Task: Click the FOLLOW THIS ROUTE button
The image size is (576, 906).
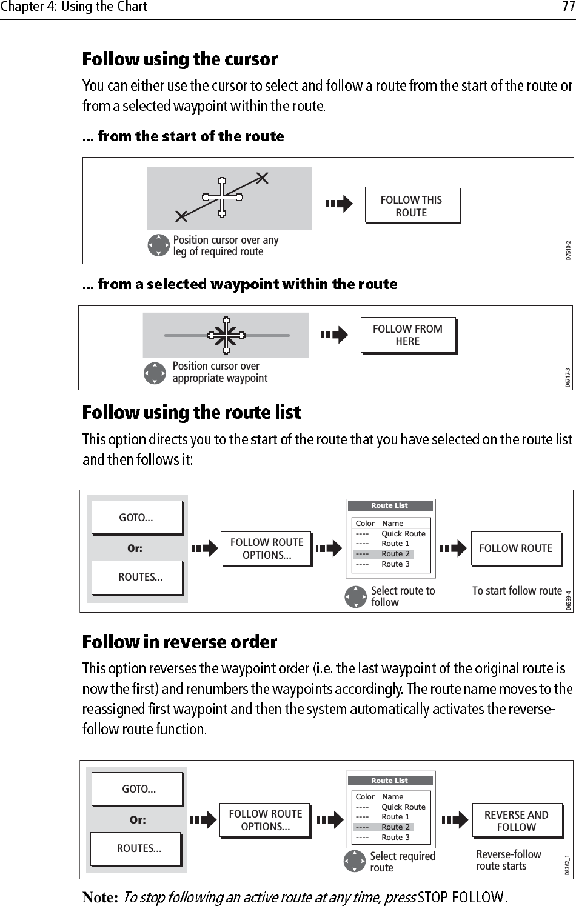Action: (412, 206)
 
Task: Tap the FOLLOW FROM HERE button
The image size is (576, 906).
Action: (407, 335)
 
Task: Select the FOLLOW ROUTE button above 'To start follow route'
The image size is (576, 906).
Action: (515, 548)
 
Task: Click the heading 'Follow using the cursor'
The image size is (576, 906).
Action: (180, 59)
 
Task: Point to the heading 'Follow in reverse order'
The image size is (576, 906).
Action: (179, 642)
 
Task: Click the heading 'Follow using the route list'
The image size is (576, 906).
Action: (192, 413)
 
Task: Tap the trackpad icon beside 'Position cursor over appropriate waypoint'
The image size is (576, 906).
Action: (155, 373)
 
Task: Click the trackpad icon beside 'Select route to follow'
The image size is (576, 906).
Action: (355, 596)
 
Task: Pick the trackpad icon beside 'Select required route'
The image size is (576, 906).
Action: (355, 862)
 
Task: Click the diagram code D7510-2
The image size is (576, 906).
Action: (568, 249)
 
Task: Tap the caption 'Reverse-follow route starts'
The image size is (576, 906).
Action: (508, 860)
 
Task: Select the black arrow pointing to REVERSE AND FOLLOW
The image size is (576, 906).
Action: (455, 821)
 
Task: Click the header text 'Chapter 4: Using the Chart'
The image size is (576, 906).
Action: (73, 7)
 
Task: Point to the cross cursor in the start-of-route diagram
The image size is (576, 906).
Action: (223, 197)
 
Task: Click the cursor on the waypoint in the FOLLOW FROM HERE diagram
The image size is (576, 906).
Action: (226, 335)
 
